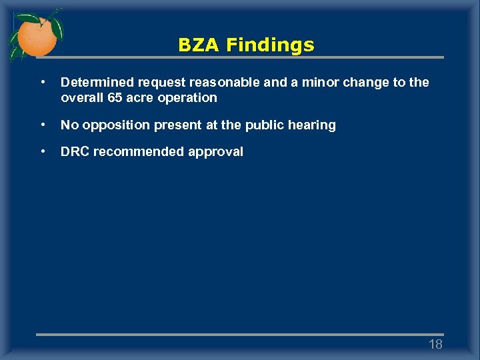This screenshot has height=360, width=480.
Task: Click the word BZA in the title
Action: pos(199,45)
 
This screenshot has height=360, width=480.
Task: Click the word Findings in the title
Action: pos(269,45)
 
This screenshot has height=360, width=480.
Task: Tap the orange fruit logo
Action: pos(36,37)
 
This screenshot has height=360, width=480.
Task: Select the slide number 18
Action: pos(435,344)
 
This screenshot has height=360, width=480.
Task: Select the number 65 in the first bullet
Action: pos(115,98)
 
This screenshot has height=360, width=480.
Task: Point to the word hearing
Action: pos(314,125)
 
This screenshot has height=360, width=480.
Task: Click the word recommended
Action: pos(137,152)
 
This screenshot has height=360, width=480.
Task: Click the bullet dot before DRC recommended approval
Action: pos(43,151)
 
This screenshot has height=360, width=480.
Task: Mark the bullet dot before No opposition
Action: pos(43,125)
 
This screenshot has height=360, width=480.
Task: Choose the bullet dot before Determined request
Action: pos(43,82)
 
